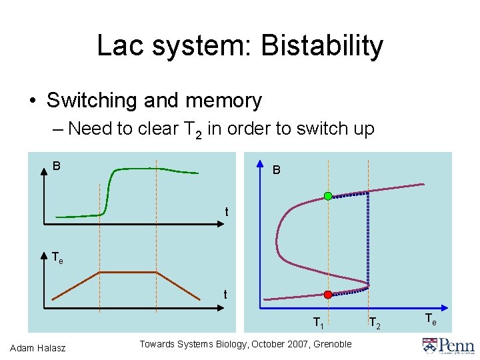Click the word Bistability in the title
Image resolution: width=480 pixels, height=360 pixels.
322,46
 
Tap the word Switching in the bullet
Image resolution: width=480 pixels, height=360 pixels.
92,101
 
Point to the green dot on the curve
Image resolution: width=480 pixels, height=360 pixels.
328,195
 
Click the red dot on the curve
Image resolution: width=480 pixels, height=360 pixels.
328,294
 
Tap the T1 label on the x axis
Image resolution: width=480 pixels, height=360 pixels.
319,323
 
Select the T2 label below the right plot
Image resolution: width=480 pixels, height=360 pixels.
375,323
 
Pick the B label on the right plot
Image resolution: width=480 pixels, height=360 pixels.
277,171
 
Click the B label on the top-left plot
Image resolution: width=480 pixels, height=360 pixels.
57,165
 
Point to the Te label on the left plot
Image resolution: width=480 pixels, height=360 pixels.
58,256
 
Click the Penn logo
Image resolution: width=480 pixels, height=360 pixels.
448,345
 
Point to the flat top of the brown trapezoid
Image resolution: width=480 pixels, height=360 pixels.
128,272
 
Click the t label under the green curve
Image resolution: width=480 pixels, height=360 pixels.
227,212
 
